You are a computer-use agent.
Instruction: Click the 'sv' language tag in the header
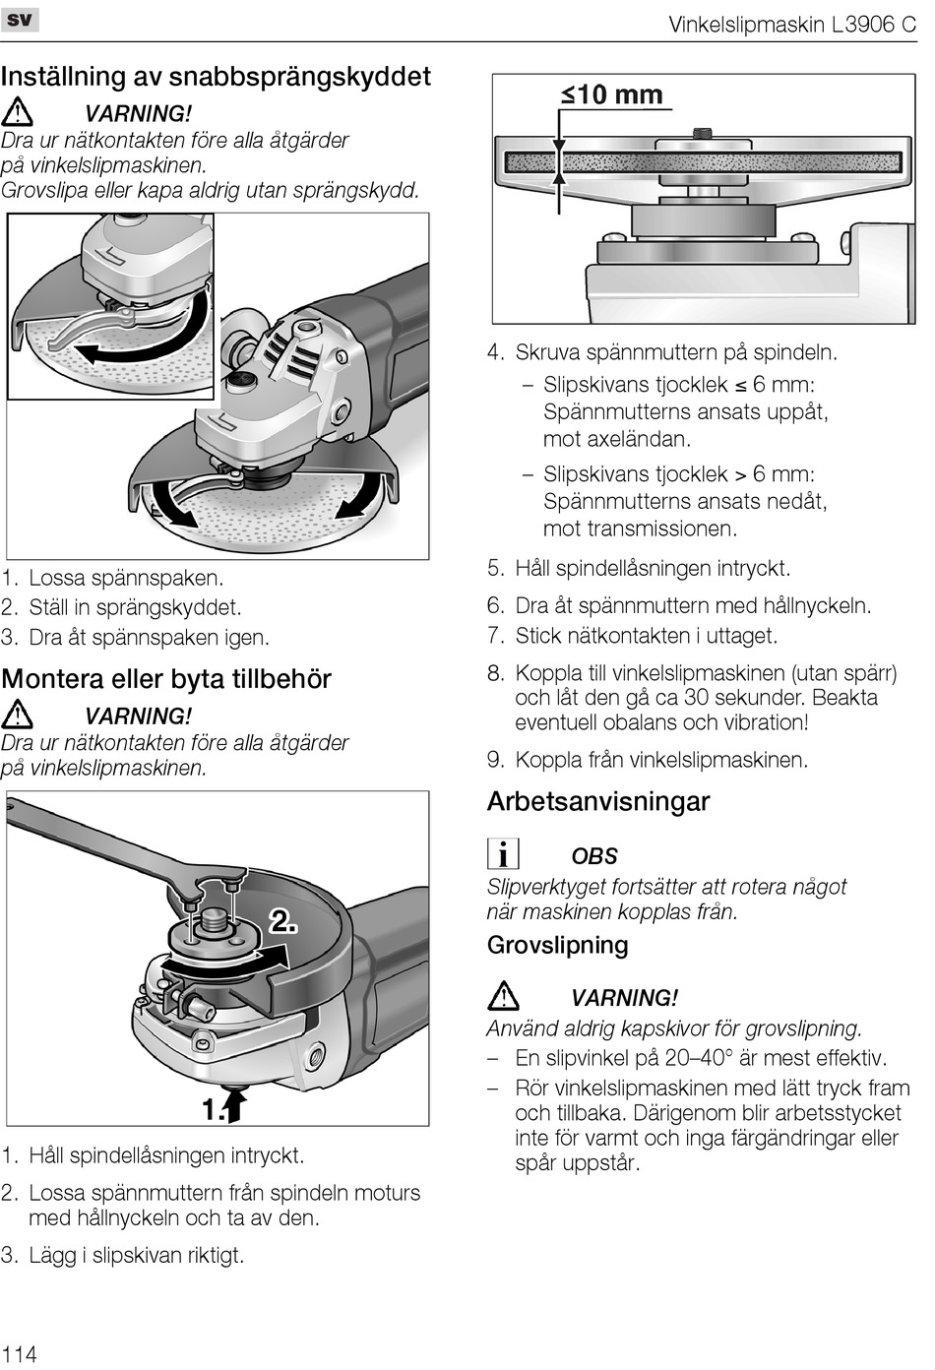[x=20, y=19]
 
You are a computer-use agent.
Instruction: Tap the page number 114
[x=20, y=1353]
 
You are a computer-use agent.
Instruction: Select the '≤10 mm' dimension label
[x=612, y=95]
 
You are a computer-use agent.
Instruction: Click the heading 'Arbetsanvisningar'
[x=597, y=801]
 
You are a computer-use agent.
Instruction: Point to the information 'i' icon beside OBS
[x=503, y=854]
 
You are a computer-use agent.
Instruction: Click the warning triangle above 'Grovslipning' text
[x=503, y=997]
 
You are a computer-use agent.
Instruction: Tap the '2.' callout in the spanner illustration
[x=283, y=921]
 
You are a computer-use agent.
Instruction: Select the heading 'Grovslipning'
[x=557, y=945]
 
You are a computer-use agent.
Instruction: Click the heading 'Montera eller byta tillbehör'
[x=166, y=679]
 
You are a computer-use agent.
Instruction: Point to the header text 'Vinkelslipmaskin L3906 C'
[x=792, y=25]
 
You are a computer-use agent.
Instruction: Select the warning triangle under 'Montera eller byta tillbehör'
[x=18, y=716]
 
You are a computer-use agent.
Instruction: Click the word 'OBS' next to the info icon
[x=593, y=856]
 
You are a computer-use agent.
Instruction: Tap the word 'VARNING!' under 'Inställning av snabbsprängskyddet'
[x=138, y=114]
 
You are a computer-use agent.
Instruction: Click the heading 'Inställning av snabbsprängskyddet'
[x=216, y=77]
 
